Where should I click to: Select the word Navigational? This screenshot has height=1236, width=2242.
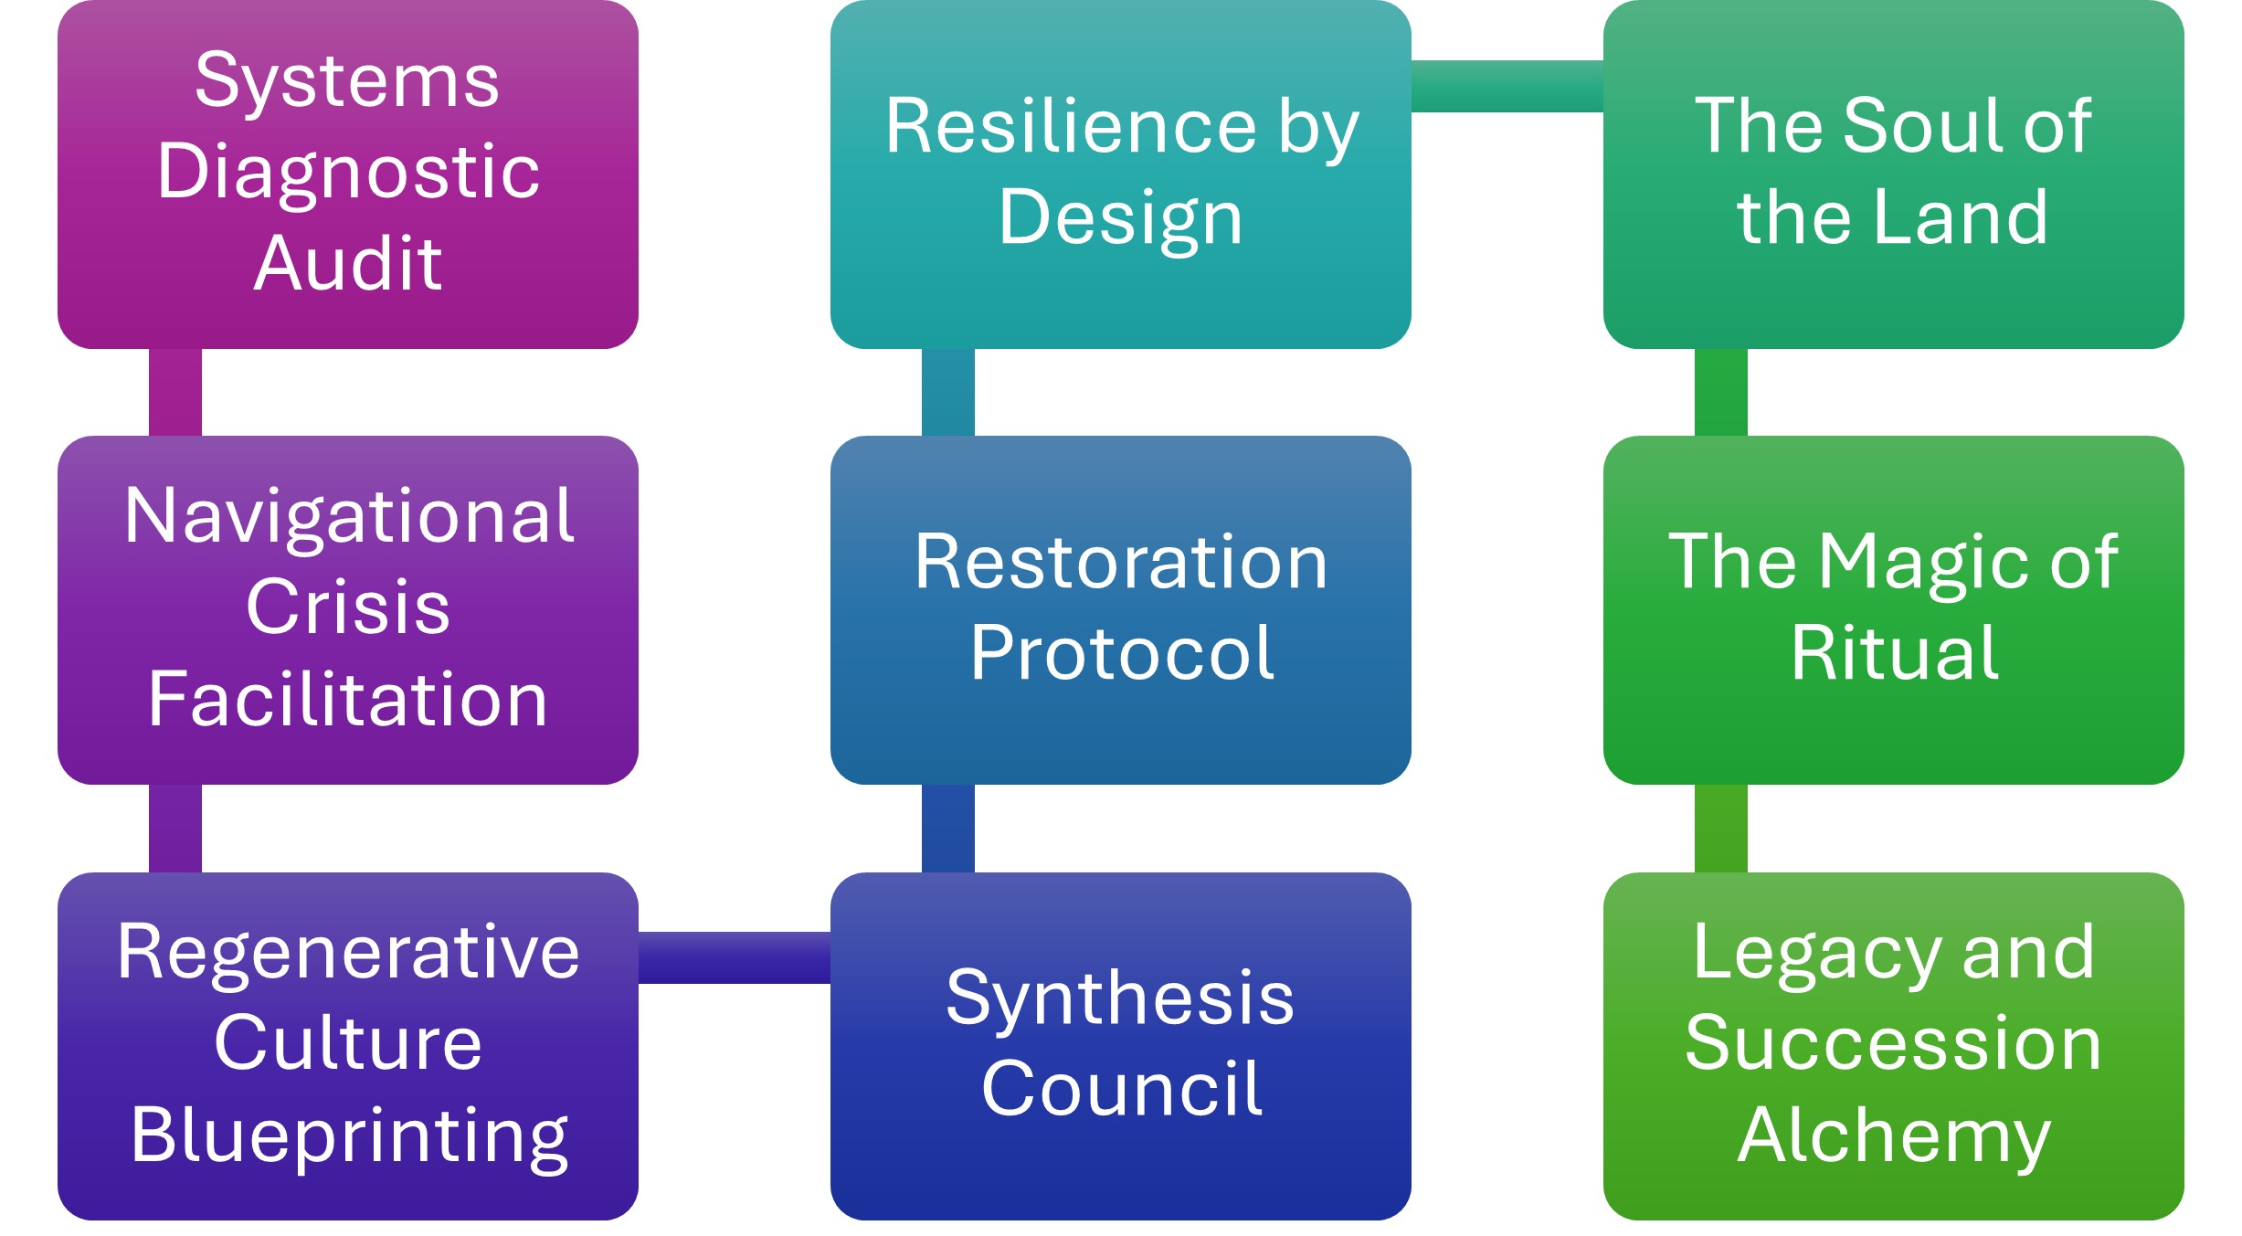click(348, 517)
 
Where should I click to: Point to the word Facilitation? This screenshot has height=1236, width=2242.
click(348, 699)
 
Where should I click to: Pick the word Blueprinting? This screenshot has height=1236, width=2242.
click(348, 1136)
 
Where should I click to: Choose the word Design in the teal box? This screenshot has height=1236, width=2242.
click(1120, 218)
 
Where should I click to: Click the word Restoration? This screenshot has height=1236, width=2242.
click(1120, 563)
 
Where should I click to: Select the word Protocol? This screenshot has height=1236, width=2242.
click(1121, 654)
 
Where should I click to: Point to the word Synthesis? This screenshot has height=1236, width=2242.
click(1120, 998)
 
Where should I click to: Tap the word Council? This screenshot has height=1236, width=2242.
click(1121, 1089)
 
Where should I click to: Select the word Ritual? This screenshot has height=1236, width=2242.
click(1894, 654)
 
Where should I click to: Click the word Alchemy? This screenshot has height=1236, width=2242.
click(1894, 1136)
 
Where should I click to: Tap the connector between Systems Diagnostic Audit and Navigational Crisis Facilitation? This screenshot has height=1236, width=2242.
click(175, 392)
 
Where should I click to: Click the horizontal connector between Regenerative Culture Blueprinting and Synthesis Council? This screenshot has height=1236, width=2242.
click(734, 957)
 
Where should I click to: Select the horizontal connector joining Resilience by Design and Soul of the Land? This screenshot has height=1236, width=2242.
click(1507, 86)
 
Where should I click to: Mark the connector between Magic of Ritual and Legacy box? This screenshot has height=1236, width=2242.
click(1720, 828)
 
